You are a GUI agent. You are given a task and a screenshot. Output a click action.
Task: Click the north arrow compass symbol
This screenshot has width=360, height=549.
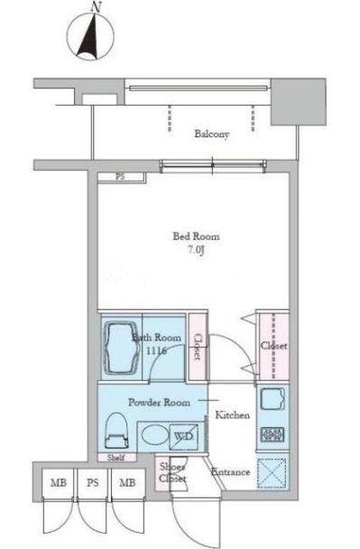click(x=90, y=33)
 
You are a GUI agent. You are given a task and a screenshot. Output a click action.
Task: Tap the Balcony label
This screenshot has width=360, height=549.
click(x=212, y=134)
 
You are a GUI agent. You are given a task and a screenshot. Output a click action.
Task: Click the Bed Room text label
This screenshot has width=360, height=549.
click(x=197, y=237)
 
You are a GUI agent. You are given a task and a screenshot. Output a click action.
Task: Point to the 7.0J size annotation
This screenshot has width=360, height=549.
click(x=196, y=251)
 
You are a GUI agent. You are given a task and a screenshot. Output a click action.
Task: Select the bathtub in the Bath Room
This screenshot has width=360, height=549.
click(x=120, y=347)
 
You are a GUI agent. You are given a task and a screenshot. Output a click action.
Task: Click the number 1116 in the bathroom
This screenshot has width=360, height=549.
click(x=156, y=350)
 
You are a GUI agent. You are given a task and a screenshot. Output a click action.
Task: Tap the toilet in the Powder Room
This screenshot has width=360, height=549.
click(x=115, y=431)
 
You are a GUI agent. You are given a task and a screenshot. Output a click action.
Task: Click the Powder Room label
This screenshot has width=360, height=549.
click(x=159, y=403)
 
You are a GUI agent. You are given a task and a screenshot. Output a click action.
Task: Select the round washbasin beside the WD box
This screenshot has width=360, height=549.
click(x=152, y=435)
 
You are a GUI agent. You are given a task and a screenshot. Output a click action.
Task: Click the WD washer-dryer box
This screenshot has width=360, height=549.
click(x=184, y=437)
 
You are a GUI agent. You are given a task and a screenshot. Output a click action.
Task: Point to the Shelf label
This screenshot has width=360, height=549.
click(x=116, y=457)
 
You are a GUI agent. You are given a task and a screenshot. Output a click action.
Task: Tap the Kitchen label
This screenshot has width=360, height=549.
click(x=232, y=415)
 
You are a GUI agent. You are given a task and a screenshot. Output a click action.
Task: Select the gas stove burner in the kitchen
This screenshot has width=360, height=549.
click(x=272, y=434)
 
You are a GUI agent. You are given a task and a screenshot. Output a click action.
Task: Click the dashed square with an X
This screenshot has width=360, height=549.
click(x=272, y=473)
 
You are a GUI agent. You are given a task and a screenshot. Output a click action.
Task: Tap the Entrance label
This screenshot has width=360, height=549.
click(x=231, y=472)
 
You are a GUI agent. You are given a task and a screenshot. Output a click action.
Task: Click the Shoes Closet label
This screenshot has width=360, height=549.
click(x=172, y=472)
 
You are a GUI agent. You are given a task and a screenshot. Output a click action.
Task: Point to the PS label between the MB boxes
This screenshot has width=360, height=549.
click(x=92, y=483)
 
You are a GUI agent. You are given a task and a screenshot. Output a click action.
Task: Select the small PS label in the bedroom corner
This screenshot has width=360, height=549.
click(x=120, y=177)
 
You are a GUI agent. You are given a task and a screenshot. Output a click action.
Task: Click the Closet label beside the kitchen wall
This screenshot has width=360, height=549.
click(x=273, y=346)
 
